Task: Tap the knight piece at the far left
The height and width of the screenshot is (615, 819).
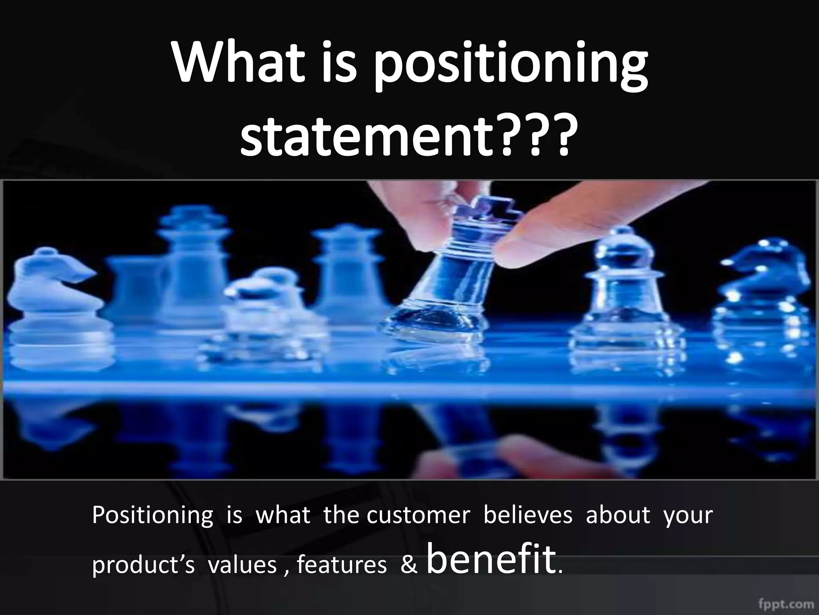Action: [50, 304]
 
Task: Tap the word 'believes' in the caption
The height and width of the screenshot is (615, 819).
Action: [528, 515]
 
